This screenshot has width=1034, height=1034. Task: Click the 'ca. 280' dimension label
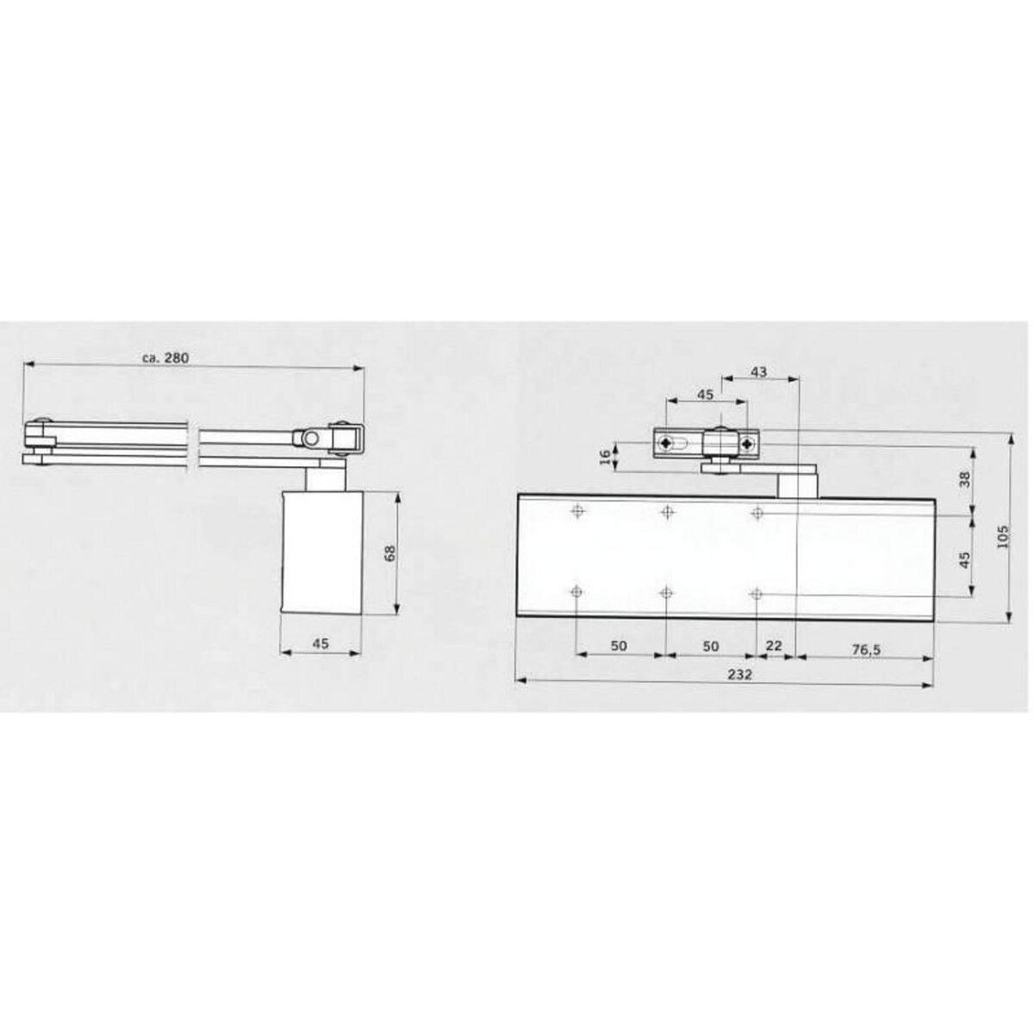[168, 357]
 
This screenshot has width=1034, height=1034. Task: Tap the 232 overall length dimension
[728, 674]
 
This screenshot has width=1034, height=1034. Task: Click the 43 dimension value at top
[758, 372]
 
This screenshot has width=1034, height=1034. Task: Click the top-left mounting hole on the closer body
[576, 513]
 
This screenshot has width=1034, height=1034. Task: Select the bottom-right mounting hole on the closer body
[757, 594]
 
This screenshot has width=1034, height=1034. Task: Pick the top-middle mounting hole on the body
[667, 513]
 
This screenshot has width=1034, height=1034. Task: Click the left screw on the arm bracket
[666, 444]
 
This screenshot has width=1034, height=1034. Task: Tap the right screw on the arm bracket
[746, 445]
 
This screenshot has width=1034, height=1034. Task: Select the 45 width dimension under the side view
[321, 643]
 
